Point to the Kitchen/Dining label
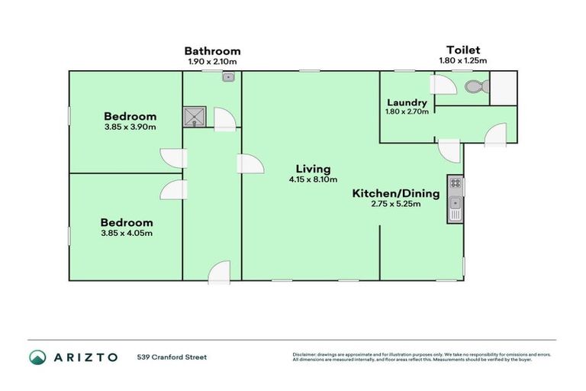click(x=395, y=193)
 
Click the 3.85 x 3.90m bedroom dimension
click(x=130, y=127)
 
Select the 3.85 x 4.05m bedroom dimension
click(x=127, y=233)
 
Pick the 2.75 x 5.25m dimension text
click(x=395, y=205)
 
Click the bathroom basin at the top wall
click(x=228, y=76)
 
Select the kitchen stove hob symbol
click(x=456, y=183)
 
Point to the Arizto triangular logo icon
click(x=37, y=357)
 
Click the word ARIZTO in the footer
click(x=85, y=357)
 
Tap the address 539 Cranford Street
click(x=172, y=357)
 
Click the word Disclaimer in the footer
click(x=304, y=354)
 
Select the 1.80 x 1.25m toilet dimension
click(x=463, y=60)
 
